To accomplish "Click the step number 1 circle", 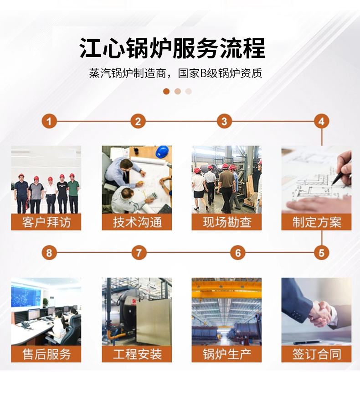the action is [49, 121].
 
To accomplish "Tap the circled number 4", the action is [321, 121].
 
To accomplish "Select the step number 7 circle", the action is [139, 253].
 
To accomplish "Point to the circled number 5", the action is [321, 253].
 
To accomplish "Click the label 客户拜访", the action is [46, 222].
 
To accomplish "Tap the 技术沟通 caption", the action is [137, 222].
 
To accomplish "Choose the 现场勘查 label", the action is [227, 222].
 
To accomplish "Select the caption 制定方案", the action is [317, 222].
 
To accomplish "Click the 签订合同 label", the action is [317, 354].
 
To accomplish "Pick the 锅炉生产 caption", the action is [227, 354].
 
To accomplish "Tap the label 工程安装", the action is [137, 354].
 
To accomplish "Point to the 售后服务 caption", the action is [46, 354].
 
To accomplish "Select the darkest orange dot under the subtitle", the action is [166, 91].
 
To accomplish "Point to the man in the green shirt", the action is [73, 193].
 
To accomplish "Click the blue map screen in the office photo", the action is [26, 297].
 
